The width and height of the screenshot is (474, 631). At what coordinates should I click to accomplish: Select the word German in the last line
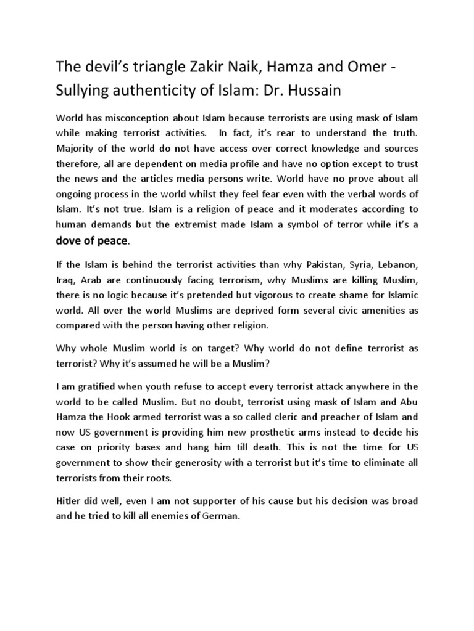[x=219, y=515]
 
